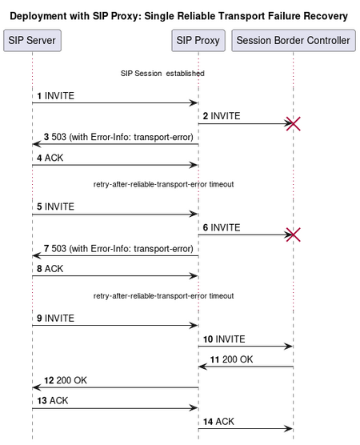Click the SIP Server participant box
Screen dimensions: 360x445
32,41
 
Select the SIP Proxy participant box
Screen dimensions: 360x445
198,41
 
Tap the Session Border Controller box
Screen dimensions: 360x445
294,41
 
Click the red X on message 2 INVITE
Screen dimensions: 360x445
294,124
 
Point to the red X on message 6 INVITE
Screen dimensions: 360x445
294,235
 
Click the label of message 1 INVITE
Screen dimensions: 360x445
56,96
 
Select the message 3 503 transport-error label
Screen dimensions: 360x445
118,137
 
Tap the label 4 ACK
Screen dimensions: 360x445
50,158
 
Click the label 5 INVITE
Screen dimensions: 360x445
56,206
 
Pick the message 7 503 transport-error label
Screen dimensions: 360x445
118,249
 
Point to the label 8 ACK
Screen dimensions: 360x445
50,269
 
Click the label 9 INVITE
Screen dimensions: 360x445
56,318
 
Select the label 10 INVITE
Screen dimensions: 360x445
224,339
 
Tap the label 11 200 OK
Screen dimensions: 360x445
231,359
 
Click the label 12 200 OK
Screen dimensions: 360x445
66,380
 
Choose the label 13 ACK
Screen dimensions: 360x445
53,401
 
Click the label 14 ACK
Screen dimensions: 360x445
218,422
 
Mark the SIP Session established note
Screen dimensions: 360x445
162,74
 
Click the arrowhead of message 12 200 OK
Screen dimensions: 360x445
37,387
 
